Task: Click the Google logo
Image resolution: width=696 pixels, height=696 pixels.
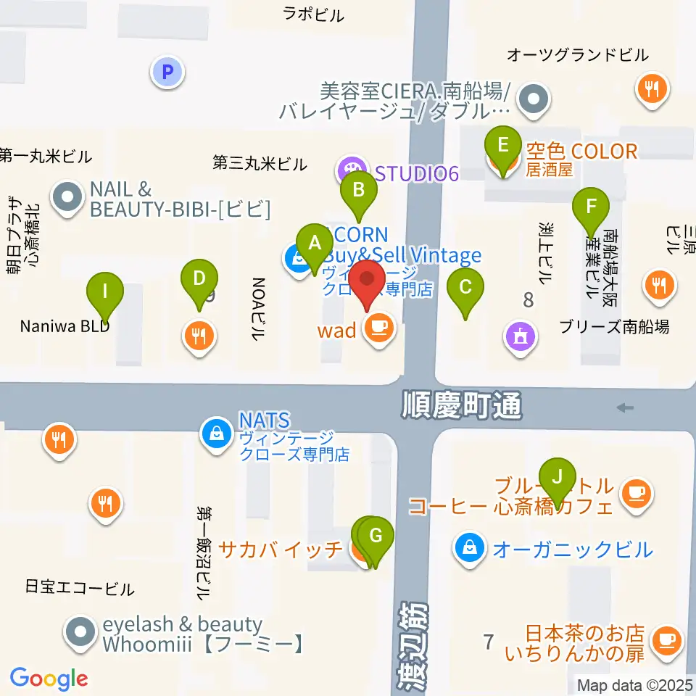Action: [x=49, y=679]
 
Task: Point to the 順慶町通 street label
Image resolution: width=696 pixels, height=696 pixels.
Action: [x=462, y=406]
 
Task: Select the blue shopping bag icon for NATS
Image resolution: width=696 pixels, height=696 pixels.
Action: [x=215, y=434]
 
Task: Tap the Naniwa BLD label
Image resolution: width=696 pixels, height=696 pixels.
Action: [x=65, y=326]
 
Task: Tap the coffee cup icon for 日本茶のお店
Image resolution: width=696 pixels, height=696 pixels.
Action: [x=665, y=639]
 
